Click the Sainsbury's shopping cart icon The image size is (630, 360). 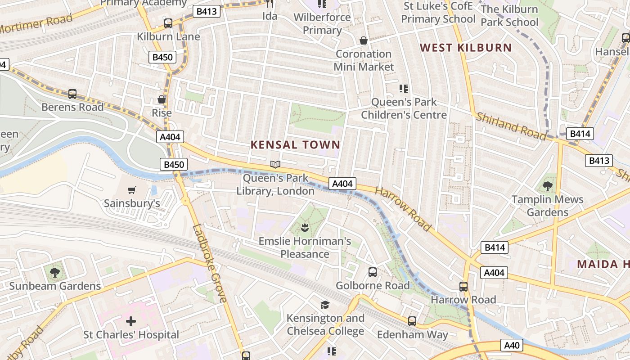(x=131, y=190)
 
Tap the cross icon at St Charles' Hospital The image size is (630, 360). (x=131, y=321)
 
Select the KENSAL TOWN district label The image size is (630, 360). (x=295, y=145)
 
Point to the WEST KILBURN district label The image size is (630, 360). (x=466, y=48)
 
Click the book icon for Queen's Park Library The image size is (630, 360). (x=275, y=165)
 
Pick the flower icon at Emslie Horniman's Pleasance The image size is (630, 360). (x=305, y=228)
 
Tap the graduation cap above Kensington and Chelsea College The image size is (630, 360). (x=325, y=305)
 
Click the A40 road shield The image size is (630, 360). (x=512, y=346)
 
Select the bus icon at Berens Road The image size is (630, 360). (x=72, y=94)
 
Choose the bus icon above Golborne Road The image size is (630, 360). (x=373, y=272)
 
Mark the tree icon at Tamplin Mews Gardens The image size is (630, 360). (x=548, y=186)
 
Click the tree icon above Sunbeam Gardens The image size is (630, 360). (x=55, y=272)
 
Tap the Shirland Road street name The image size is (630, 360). (x=511, y=126)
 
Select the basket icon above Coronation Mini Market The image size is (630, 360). (x=364, y=41)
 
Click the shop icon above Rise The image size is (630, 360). (x=162, y=99)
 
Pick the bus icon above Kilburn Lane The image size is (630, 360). (x=168, y=23)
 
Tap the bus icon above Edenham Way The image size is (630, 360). (x=412, y=321)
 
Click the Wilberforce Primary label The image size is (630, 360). (x=322, y=24)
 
